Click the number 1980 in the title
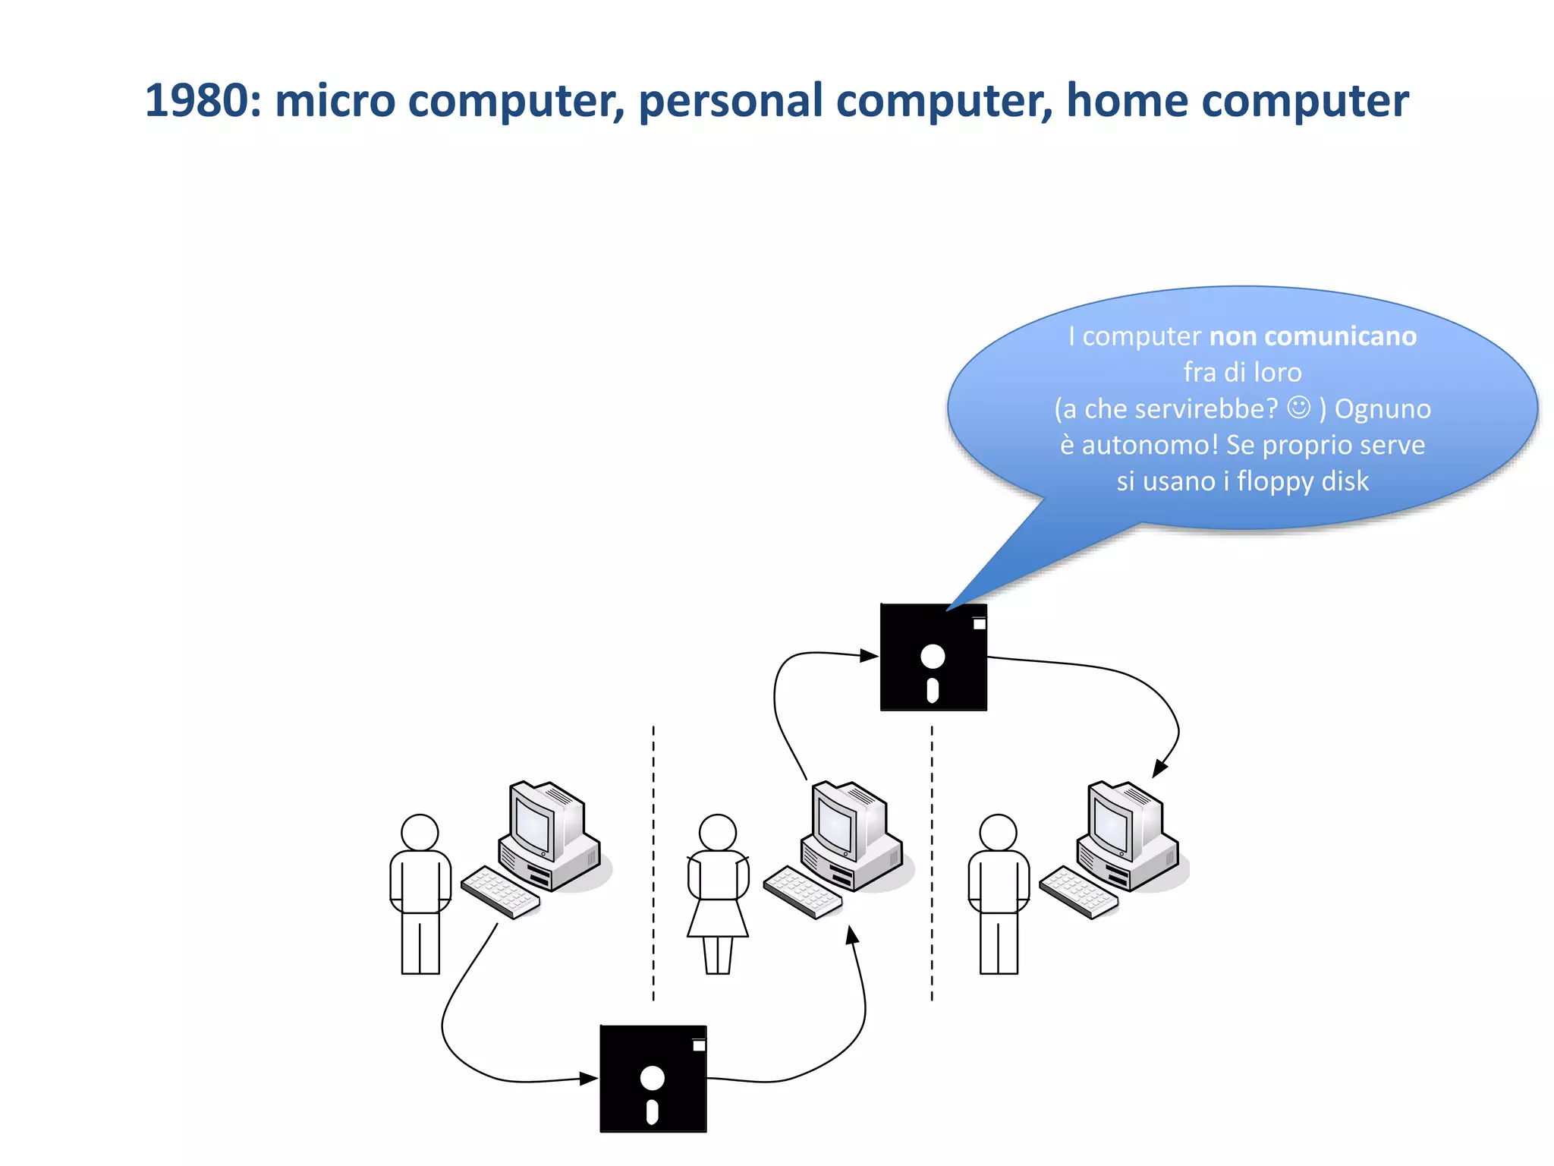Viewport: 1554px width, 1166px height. pyautogui.click(x=196, y=101)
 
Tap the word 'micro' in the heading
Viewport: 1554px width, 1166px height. pyautogui.click(x=335, y=101)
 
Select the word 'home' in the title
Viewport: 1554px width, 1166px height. pyautogui.click(x=1125, y=101)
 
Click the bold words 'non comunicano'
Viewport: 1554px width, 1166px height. pyautogui.click(x=1312, y=336)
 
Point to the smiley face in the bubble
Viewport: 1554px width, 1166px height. pyautogui.click(x=1298, y=408)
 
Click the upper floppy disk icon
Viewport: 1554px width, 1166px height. pyautogui.click(x=933, y=657)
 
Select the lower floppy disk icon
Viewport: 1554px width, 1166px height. pyautogui.click(x=653, y=1079)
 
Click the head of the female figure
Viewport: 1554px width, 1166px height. pyautogui.click(x=717, y=833)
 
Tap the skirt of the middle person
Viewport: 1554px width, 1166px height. pyautogui.click(x=717, y=919)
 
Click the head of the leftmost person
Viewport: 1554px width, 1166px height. pyautogui.click(x=420, y=833)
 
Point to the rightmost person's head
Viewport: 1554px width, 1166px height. pyautogui.click(x=998, y=833)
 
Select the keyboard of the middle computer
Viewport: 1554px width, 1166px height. pyautogui.click(x=802, y=892)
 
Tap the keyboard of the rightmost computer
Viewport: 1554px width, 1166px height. pyautogui.click(x=1078, y=892)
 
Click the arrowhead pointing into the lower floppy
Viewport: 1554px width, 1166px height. pyautogui.click(x=588, y=1078)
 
